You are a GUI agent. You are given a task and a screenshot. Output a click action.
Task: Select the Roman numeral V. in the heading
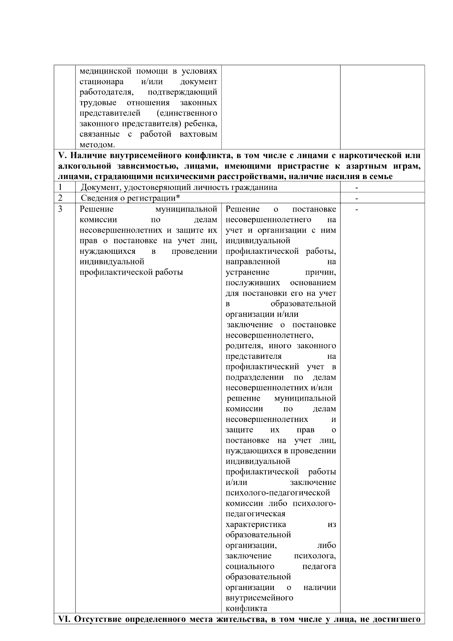coord(63,155)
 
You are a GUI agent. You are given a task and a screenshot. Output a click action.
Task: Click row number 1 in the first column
coord(60,187)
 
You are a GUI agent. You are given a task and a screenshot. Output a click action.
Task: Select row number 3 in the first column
coord(60,209)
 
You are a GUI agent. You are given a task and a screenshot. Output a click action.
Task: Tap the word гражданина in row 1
coord(257,187)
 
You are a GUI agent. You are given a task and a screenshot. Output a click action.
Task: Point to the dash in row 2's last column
coord(357,198)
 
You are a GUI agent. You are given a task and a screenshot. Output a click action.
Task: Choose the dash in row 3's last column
coord(357,209)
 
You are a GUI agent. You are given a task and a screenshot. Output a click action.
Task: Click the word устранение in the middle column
coord(248,272)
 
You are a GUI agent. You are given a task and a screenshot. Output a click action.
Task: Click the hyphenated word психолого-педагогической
coord(278,493)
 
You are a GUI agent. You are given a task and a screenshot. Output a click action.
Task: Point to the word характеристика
coord(256,524)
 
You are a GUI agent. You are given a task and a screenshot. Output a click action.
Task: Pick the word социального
coord(250,566)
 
